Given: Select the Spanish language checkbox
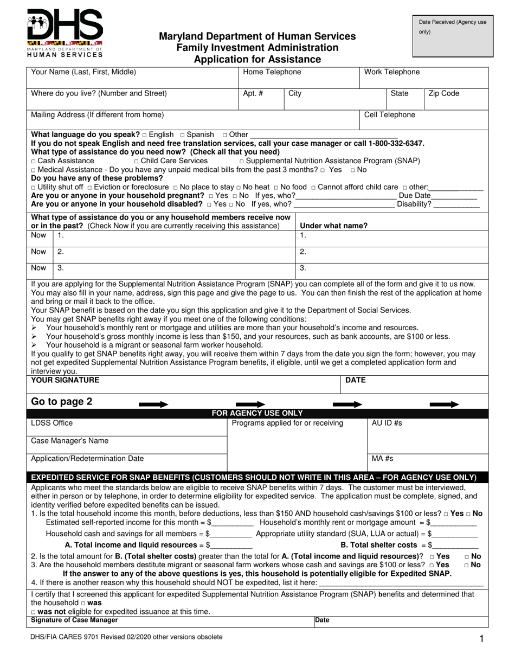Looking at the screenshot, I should pos(182,135).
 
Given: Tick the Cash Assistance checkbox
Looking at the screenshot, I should pos(34,162).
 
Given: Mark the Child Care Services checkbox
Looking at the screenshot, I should pos(136,162).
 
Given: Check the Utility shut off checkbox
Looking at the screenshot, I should pos(34,187).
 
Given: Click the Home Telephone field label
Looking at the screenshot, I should pos(272,72).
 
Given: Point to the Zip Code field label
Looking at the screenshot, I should pos(443,94).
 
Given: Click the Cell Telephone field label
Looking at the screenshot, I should pos(389,115).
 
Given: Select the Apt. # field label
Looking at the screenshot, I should pos(253,94).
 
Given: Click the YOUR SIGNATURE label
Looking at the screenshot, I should pos(65,381).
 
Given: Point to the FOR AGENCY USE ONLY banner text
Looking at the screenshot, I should pos(257,413).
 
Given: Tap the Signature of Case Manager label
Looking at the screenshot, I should pos(74,620).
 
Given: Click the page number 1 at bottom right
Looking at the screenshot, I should pos(481,640).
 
